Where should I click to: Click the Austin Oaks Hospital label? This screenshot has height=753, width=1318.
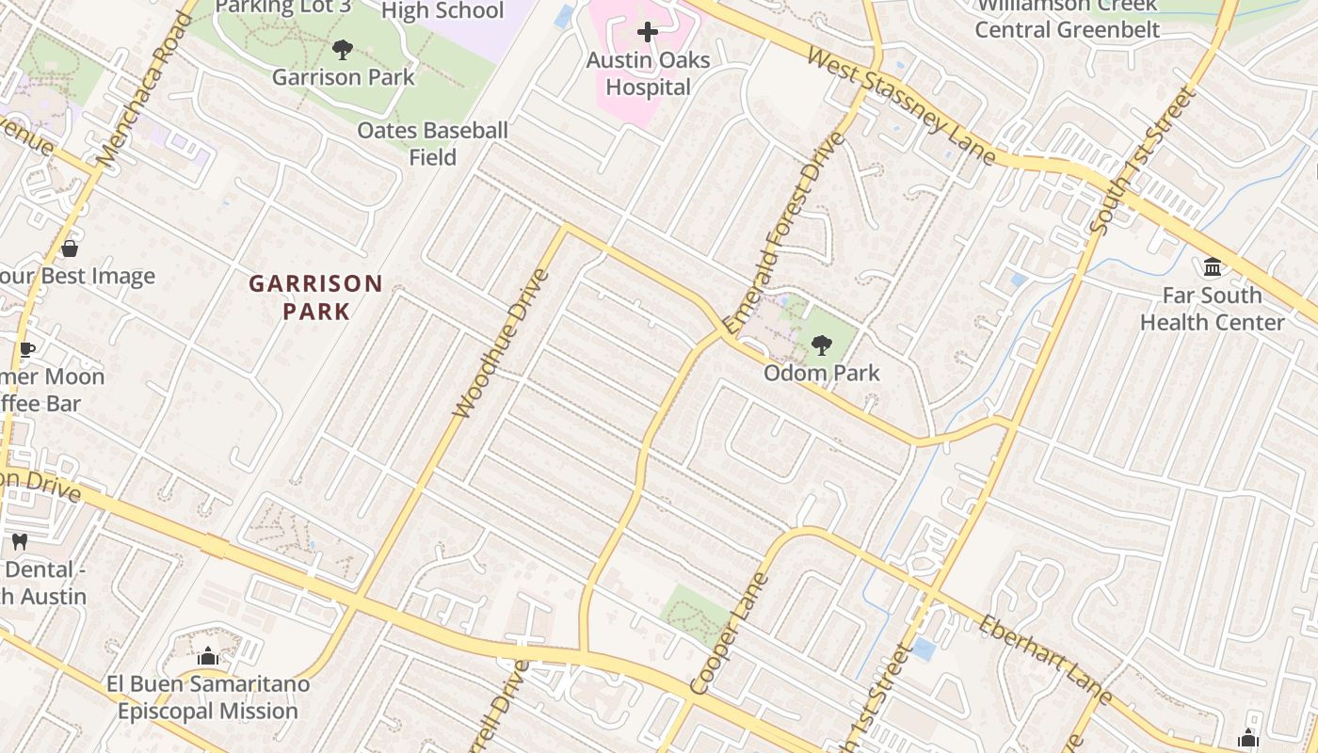(x=648, y=74)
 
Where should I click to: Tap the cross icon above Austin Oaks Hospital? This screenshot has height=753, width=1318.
(x=648, y=33)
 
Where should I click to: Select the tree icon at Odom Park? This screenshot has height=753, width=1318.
(x=822, y=344)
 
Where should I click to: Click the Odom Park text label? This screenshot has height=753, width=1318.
(x=822, y=373)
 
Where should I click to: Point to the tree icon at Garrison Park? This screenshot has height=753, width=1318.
(x=343, y=50)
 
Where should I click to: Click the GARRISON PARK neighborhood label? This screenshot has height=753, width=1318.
(x=315, y=296)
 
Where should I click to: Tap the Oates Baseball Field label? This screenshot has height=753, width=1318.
(x=432, y=144)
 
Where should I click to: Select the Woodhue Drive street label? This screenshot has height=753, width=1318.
(x=500, y=343)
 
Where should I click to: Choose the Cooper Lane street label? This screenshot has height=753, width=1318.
(x=729, y=633)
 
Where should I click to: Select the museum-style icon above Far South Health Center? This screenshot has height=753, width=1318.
(x=1213, y=267)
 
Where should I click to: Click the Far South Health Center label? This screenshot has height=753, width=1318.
(x=1212, y=309)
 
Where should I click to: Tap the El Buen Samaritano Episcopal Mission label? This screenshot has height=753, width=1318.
(x=208, y=697)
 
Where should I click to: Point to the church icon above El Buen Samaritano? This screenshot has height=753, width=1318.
(x=208, y=656)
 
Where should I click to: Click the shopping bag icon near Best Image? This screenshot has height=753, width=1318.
(x=69, y=248)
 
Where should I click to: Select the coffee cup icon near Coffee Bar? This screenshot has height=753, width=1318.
(x=26, y=350)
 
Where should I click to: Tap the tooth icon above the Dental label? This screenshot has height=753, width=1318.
(x=19, y=541)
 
